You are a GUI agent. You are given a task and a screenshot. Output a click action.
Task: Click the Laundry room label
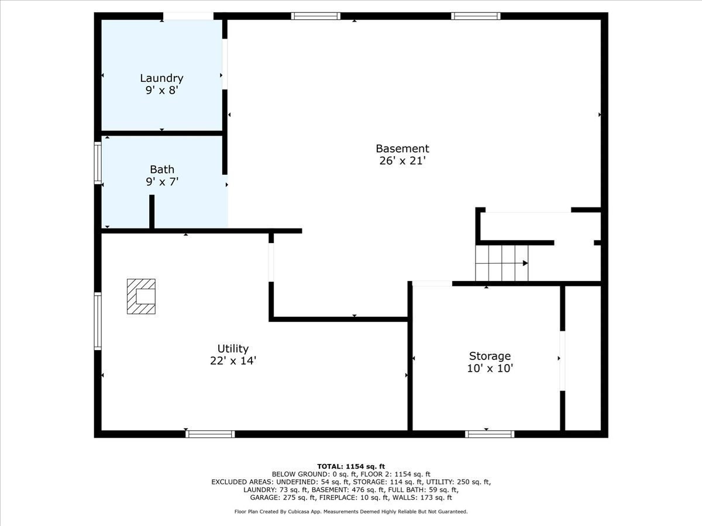click(x=161, y=78)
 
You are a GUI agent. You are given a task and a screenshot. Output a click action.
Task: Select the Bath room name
click(x=162, y=169)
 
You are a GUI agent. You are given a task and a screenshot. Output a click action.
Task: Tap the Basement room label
click(x=402, y=148)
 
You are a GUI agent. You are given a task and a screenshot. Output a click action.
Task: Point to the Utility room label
click(x=233, y=349)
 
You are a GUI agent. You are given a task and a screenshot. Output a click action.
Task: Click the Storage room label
click(x=490, y=356)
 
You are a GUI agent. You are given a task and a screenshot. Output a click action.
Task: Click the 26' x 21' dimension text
click(x=402, y=161)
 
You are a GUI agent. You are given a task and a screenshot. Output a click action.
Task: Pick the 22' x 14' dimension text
click(x=233, y=361)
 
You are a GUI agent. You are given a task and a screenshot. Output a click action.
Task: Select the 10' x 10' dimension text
click(x=490, y=368)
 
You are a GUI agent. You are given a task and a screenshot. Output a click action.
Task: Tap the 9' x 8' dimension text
click(x=161, y=91)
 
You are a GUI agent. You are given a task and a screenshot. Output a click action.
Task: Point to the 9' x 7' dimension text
click(x=162, y=182)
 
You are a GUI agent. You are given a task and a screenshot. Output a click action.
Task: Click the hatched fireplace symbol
click(x=142, y=296)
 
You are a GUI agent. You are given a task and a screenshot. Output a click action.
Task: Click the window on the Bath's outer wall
click(x=98, y=164)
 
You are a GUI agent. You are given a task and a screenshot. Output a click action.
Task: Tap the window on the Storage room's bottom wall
click(x=490, y=434)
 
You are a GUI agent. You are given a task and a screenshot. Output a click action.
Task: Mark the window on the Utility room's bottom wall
click(x=210, y=434)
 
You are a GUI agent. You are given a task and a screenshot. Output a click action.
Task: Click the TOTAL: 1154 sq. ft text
click(x=351, y=466)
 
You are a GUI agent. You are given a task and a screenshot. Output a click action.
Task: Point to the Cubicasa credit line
click(x=351, y=511)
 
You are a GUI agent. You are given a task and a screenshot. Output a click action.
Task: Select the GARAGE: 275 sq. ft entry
click(x=280, y=498)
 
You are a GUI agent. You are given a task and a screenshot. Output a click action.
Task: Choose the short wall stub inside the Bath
click(x=152, y=212)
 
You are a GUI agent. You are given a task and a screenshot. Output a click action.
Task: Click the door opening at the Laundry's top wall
click(x=188, y=16)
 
